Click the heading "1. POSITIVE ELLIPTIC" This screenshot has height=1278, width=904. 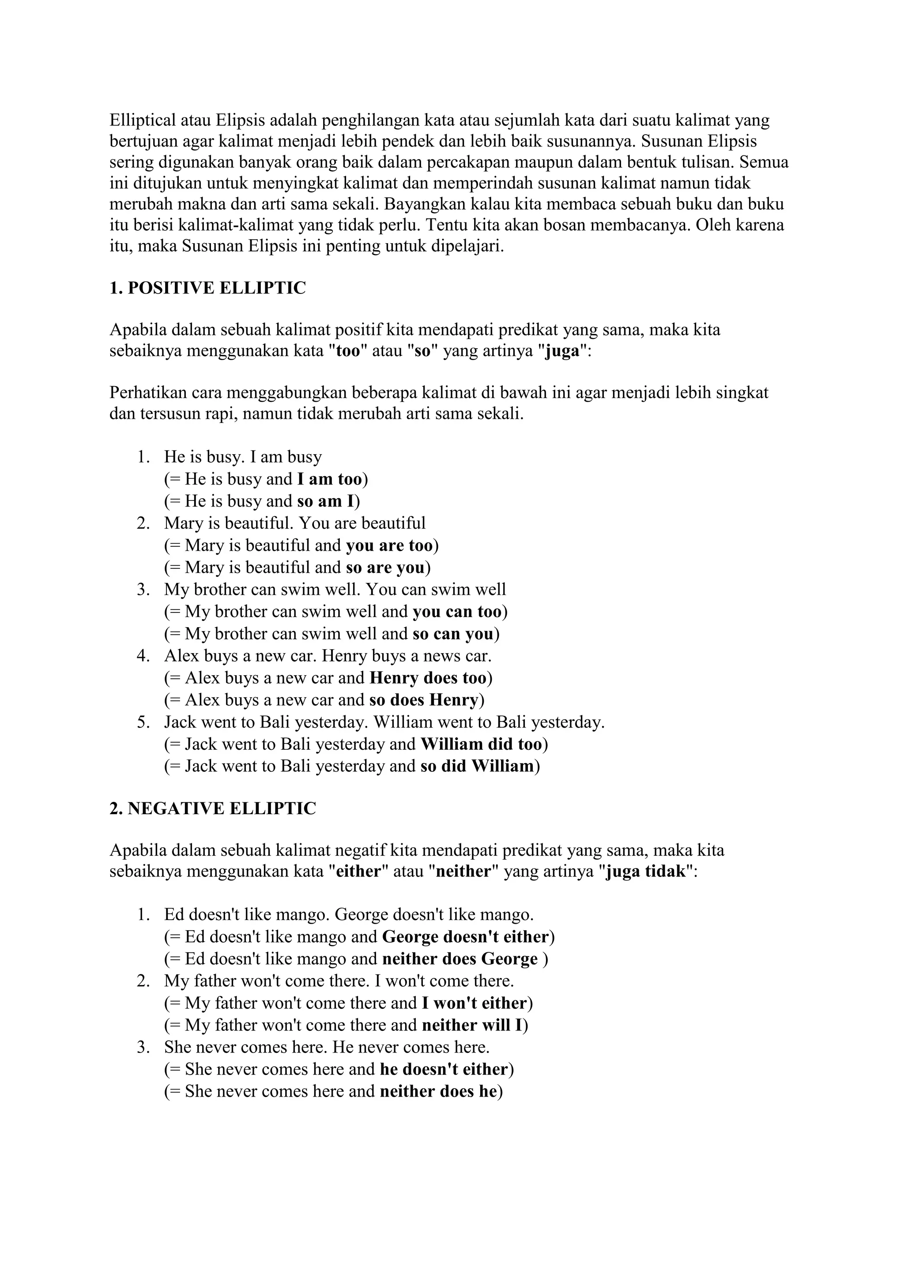tap(207, 288)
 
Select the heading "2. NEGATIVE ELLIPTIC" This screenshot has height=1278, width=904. tap(213, 809)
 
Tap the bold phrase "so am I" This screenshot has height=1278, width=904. tap(326, 501)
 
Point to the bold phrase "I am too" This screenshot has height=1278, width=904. tap(330, 479)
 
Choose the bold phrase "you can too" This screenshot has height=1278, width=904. tap(457, 612)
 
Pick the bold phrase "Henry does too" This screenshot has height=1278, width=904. tap(428, 678)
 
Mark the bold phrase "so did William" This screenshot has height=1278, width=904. tap(477, 767)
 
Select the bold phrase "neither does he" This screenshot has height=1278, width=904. tap(438, 1091)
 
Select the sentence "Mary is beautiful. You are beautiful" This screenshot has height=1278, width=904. tap(294, 523)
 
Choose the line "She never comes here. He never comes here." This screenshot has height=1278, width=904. tap(327, 1048)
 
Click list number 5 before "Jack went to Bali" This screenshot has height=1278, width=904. tap(143, 722)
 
